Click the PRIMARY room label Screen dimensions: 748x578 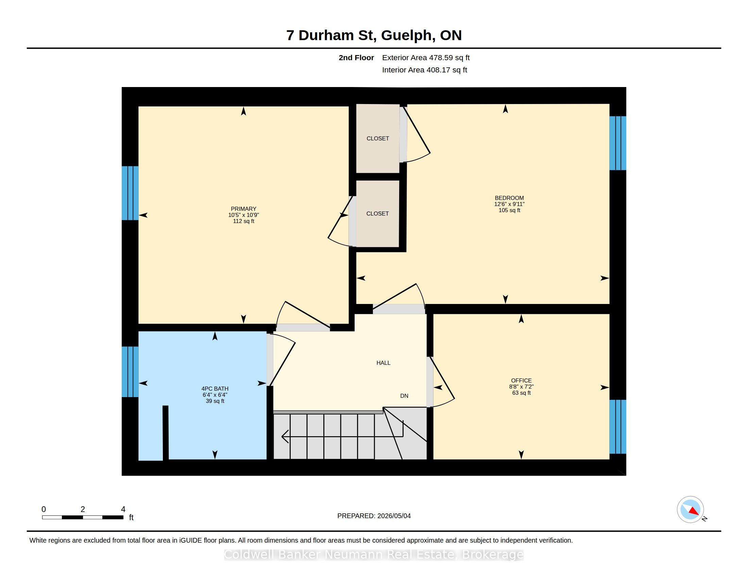(x=243, y=209)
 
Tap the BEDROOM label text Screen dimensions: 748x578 (x=509, y=198)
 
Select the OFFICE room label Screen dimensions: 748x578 (x=521, y=380)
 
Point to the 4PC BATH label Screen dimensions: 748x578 (x=215, y=389)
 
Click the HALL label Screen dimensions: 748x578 (x=383, y=363)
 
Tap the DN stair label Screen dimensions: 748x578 (x=404, y=396)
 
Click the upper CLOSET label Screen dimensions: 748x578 (x=378, y=138)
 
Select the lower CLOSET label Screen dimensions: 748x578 (x=377, y=214)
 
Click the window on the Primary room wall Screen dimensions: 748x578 (x=130, y=193)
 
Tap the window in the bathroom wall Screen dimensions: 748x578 (x=130, y=372)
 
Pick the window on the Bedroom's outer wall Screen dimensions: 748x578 (x=618, y=143)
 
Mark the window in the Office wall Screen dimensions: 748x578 (x=618, y=427)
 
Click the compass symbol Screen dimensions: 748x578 (x=691, y=510)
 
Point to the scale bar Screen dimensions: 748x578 (x=83, y=517)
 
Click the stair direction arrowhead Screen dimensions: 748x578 (x=285, y=437)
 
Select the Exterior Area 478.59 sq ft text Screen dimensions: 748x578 (x=426, y=58)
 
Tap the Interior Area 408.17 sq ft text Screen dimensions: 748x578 (x=424, y=70)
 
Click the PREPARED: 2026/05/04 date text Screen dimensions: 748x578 (x=374, y=516)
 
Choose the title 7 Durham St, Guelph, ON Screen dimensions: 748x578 (x=374, y=35)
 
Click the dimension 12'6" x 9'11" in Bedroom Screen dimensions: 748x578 (x=509, y=204)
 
